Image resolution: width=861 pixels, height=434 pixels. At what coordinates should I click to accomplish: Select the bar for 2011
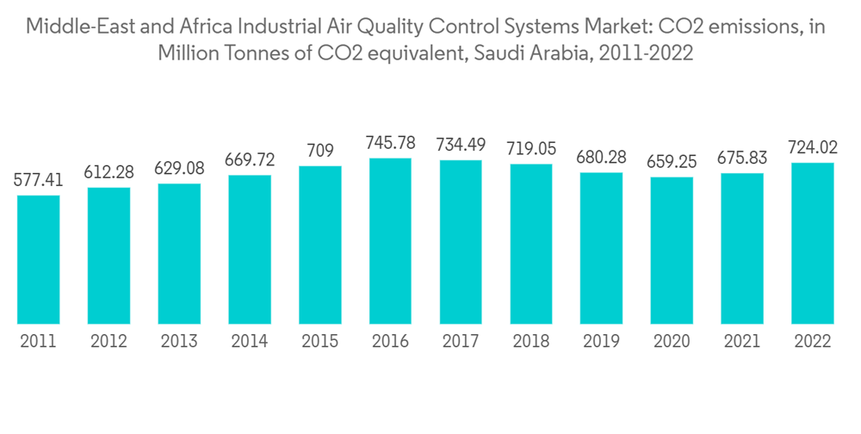(39, 258)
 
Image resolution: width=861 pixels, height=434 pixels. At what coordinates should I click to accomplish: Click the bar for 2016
(390, 240)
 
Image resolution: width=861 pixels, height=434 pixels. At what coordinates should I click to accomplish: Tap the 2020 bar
(672, 250)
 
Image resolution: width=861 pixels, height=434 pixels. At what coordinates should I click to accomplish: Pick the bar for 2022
(813, 242)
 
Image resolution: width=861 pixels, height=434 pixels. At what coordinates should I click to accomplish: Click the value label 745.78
(390, 141)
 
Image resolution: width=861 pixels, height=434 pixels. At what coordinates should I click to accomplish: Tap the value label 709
(320, 150)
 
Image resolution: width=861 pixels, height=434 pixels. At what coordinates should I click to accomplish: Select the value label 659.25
(672, 161)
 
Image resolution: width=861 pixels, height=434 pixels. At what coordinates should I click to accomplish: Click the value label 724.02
(813, 146)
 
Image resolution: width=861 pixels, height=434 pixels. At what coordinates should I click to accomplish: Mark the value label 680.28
(601, 156)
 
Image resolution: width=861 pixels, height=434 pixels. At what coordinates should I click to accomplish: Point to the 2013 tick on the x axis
(179, 341)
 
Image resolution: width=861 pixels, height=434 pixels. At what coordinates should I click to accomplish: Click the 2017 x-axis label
(461, 341)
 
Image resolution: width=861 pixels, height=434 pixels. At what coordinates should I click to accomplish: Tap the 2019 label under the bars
(601, 341)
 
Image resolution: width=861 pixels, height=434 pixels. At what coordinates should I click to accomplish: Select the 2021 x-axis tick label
(742, 341)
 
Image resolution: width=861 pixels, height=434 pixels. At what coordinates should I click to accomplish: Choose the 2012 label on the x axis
(108, 341)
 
